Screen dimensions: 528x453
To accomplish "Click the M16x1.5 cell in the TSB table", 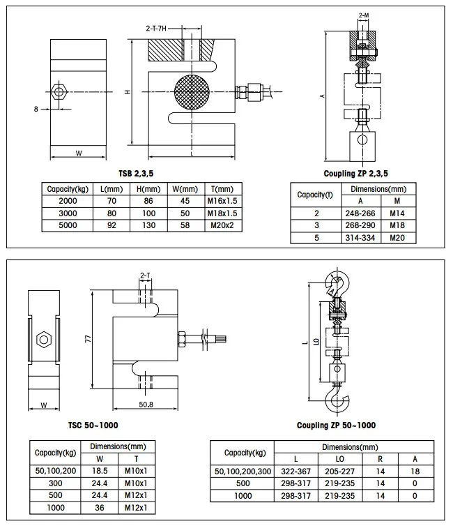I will tap(223, 201).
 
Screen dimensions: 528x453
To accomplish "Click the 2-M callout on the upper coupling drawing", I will tap(363, 15).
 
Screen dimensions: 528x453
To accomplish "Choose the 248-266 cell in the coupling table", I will tap(360, 213).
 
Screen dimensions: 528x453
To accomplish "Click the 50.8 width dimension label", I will tap(146, 405).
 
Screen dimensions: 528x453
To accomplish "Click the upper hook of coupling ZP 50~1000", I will tap(337, 282).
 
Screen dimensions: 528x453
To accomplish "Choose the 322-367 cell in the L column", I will tap(297, 472).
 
